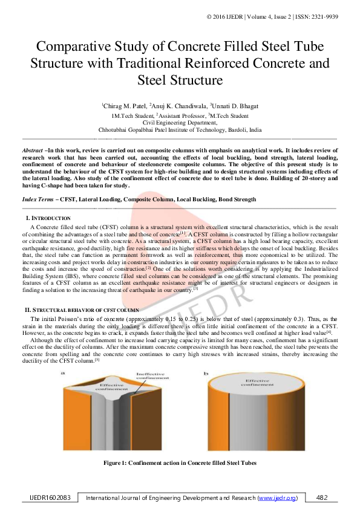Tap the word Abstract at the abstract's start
tap(32, 149)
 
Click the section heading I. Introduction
tap(48, 218)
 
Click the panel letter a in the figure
tap(62, 375)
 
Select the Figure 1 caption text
tap(180, 462)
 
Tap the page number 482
tap(321, 498)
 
